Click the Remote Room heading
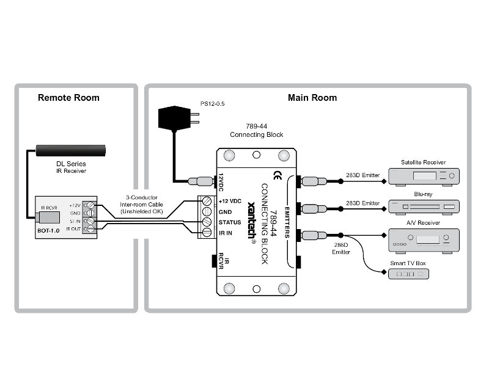[68, 98]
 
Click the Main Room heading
[312, 98]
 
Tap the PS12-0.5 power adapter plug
[178, 117]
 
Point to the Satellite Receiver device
[423, 177]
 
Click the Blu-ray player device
[423, 206]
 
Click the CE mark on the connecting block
[277, 174]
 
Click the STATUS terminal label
[230, 223]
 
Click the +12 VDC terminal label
[230, 200]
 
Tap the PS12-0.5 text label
[213, 104]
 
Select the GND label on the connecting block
[226, 211]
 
